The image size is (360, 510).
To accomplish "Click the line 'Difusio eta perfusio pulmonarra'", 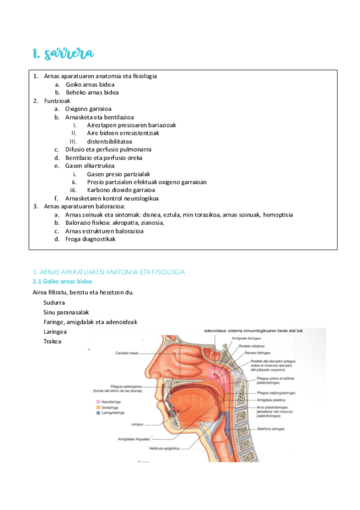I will point(108,149).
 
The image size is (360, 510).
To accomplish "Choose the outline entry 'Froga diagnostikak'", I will point(90,239).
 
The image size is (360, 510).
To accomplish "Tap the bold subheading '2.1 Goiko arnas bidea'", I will point(62,281).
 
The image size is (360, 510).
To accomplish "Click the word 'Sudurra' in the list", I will point(54,303).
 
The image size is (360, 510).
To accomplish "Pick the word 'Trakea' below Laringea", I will point(52,341).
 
